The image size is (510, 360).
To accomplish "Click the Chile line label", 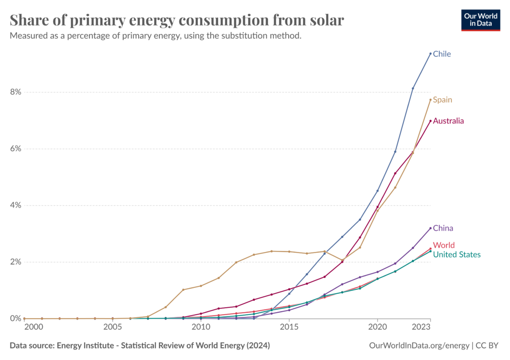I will (442, 54).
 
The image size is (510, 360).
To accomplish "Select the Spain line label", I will (442, 100).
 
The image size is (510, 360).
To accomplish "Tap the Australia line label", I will (448, 120).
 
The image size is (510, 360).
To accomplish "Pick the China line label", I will (443, 228).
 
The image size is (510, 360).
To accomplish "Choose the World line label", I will (443, 245).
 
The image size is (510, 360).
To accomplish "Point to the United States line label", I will (457, 254).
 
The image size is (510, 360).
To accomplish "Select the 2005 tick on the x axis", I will (113, 327).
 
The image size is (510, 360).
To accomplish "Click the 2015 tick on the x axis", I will (289, 327).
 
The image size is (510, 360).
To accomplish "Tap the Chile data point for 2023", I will (430, 53).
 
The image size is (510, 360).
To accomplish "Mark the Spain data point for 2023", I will (430, 100).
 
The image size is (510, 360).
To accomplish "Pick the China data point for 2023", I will (430, 228).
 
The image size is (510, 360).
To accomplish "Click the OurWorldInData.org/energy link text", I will (419, 346).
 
